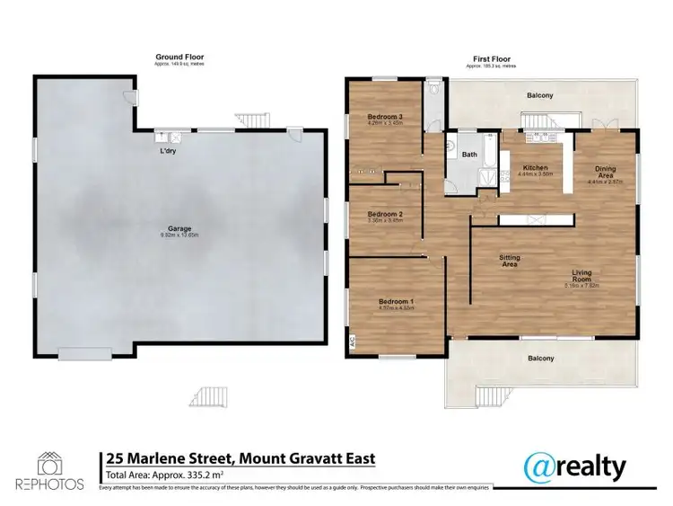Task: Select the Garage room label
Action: pyautogui.click(x=179, y=228)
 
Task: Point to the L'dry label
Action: pyautogui.click(x=167, y=151)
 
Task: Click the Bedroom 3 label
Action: pyautogui.click(x=384, y=118)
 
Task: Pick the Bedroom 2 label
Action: pyautogui.click(x=383, y=214)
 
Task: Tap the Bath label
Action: pyautogui.click(x=469, y=155)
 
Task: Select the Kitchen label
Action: pyautogui.click(x=535, y=168)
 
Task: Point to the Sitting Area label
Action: pyautogui.click(x=510, y=262)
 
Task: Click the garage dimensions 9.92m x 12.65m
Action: pyautogui.click(x=179, y=235)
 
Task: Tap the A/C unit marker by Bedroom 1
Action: pyautogui.click(x=353, y=342)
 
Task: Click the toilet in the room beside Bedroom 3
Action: pyautogui.click(x=434, y=90)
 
